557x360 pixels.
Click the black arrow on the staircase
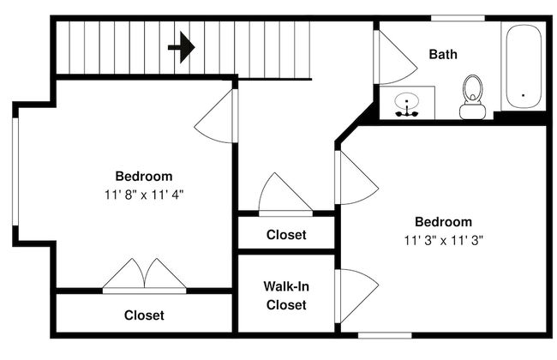pos(182,47)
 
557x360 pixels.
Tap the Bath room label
pos(443,54)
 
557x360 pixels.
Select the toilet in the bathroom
pos(472,97)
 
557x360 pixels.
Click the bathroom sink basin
pos(407,101)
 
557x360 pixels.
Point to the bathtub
pos(524,66)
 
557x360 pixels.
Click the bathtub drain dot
pos(523,95)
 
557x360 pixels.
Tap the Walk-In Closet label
pos(286,296)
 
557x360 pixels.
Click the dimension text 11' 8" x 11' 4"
pos(144,195)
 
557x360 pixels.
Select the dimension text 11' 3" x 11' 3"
pos(444,241)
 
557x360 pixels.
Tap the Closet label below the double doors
pos(144,315)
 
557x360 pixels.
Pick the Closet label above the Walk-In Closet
pos(286,235)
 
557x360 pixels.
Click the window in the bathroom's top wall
pos(458,18)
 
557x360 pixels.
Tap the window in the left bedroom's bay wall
pos(15,171)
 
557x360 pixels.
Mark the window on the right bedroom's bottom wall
pos(385,335)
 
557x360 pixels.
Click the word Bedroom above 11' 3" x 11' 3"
pos(444,222)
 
